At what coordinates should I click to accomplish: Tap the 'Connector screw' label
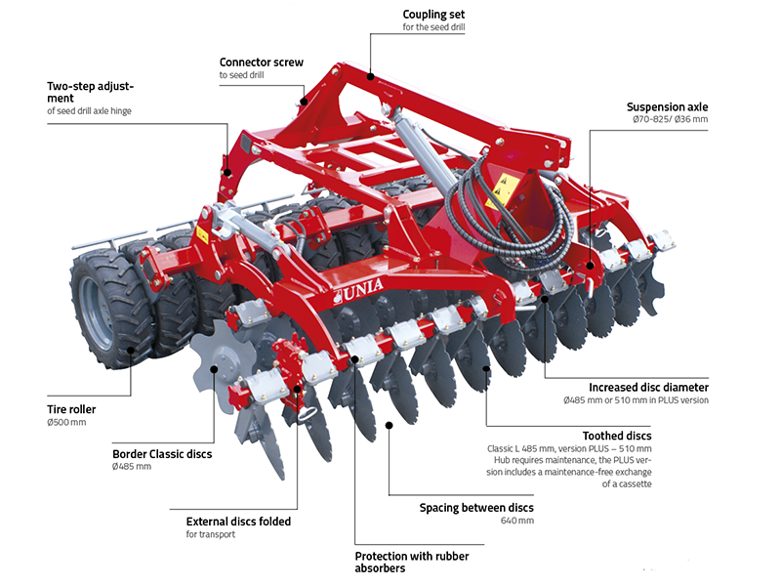click(261, 62)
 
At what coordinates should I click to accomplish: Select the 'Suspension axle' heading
click(667, 106)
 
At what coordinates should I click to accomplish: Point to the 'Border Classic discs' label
click(162, 453)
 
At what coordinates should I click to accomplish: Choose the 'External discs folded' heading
click(238, 522)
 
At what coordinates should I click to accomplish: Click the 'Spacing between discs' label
click(476, 508)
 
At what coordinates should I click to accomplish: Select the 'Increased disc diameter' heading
click(648, 387)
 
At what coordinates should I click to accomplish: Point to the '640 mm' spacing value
click(517, 522)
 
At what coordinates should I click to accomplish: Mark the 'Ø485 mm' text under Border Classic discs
click(132, 467)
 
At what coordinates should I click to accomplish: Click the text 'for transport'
click(210, 535)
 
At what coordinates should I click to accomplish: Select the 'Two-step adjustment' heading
click(90, 92)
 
